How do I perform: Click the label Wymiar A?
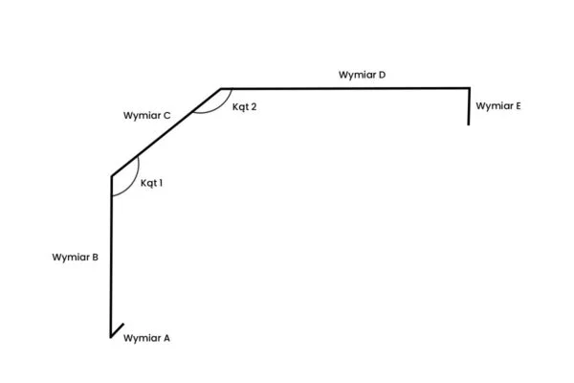coord(147,338)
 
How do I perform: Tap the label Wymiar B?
coord(76,257)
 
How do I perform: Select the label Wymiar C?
coord(147,116)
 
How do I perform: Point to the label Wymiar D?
coord(362,74)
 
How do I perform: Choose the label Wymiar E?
coord(498,106)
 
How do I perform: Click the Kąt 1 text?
coord(151,182)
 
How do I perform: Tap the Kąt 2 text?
coord(244,106)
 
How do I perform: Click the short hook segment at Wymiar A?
coord(118,331)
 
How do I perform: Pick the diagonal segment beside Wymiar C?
coord(166,131)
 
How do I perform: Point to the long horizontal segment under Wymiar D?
coord(344,88)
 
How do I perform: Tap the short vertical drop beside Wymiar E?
coord(469,106)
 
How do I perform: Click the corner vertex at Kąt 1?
coord(112,175)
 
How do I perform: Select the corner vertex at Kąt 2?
coord(221,88)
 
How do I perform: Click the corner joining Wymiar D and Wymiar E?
coord(469,88)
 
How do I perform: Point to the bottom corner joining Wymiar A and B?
coord(112,337)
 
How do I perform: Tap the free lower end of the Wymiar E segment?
coord(469,124)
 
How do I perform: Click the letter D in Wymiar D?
coord(382,74)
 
